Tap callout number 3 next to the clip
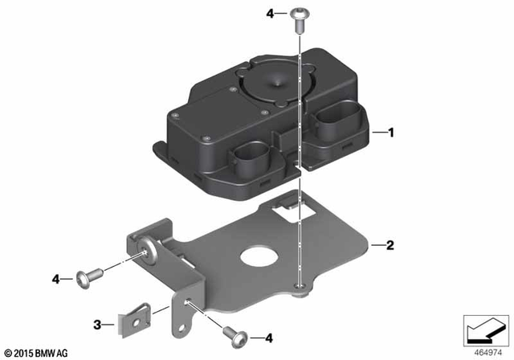[x=98, y=325]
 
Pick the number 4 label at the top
[x=270, y=13]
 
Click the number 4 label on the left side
[x=57, y=279]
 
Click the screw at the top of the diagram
[x=299, y=18]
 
